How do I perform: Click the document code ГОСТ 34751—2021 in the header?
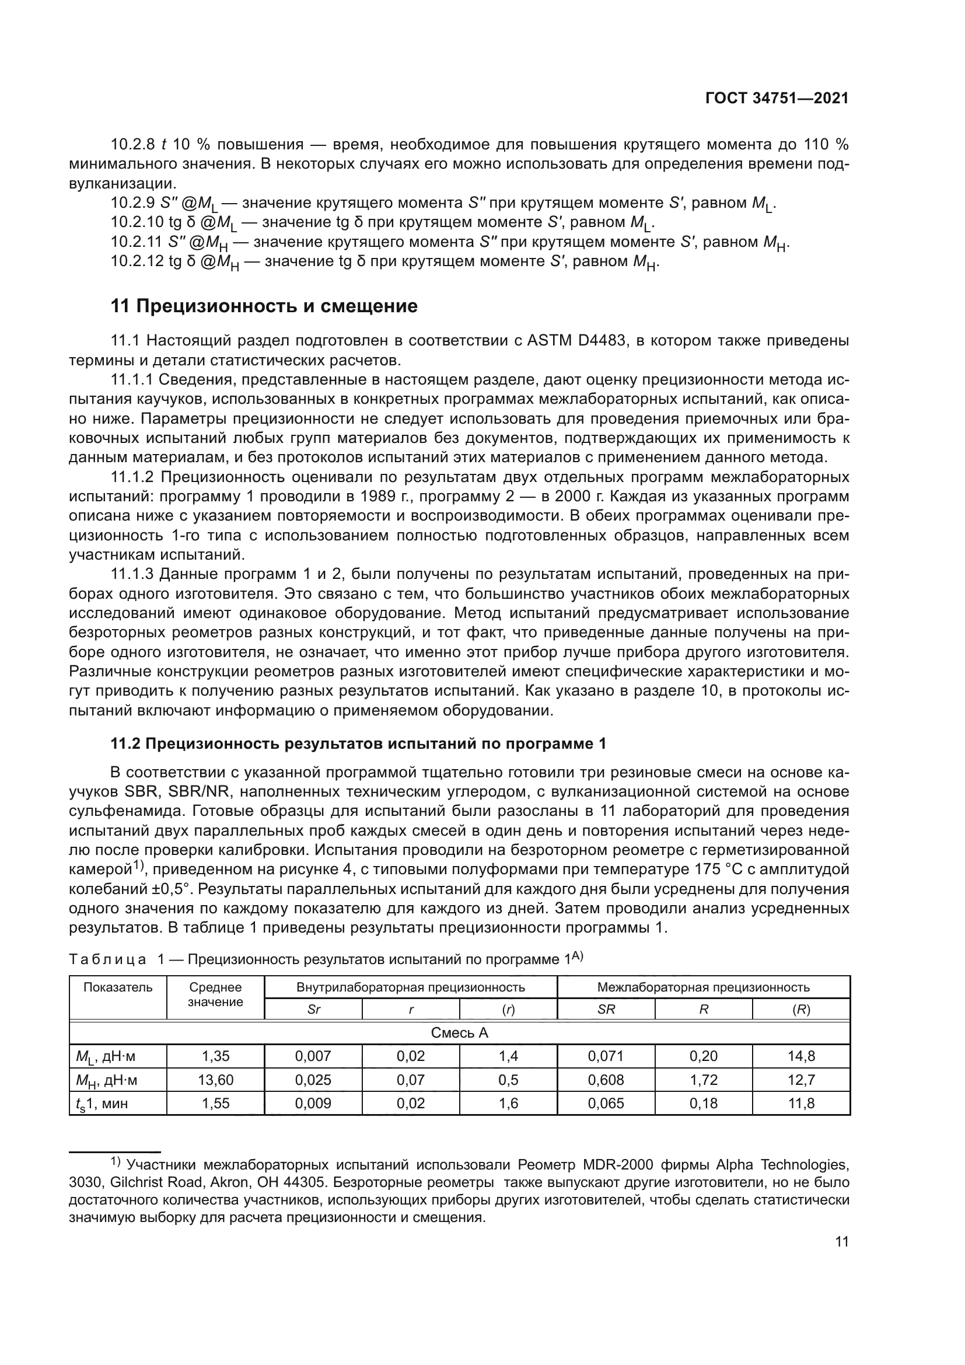click(x=776, y=98)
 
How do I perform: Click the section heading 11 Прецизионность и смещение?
click(x=264, y=306)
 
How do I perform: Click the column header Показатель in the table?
click(x=118, y=987)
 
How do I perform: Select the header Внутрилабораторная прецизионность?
click(x=411, y=987)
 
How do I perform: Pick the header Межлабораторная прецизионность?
click(x=703, y=987)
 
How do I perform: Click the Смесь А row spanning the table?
click(x=459, y=1033)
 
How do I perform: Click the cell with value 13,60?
click(x=215, y=1080)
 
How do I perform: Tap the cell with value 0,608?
click(x=606, y=1080)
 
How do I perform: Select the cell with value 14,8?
click(x=801, y=1056)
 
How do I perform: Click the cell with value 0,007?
click(x=313, y=1056)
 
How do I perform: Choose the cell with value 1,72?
click(x=704, y=1080)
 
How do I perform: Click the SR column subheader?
click(x=606, y=1010)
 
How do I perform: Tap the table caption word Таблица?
click(x=107, y=959)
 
